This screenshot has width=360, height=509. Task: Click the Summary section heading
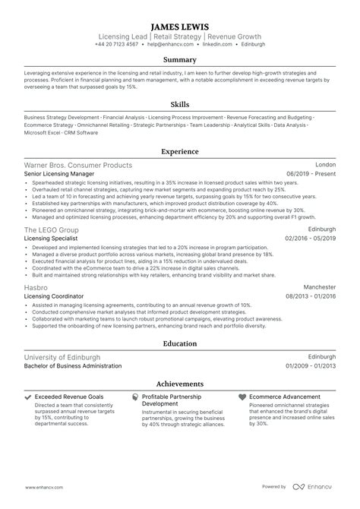click(x=180, y=59)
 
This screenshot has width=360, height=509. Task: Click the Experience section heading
click(x=180, y=151)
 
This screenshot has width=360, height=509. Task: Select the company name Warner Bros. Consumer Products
click(x=78, y=165)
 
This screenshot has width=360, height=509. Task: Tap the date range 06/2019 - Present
click(x=311, y=174)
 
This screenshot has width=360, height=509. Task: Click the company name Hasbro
click(x=38, y=286)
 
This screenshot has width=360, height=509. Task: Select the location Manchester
click(x=318, y=286)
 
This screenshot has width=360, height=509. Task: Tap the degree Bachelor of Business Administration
click(x=73, y=365)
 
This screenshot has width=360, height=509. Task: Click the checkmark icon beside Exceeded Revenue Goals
click(x=28, y=397)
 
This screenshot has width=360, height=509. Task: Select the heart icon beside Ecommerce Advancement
click(x=242, y=397)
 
